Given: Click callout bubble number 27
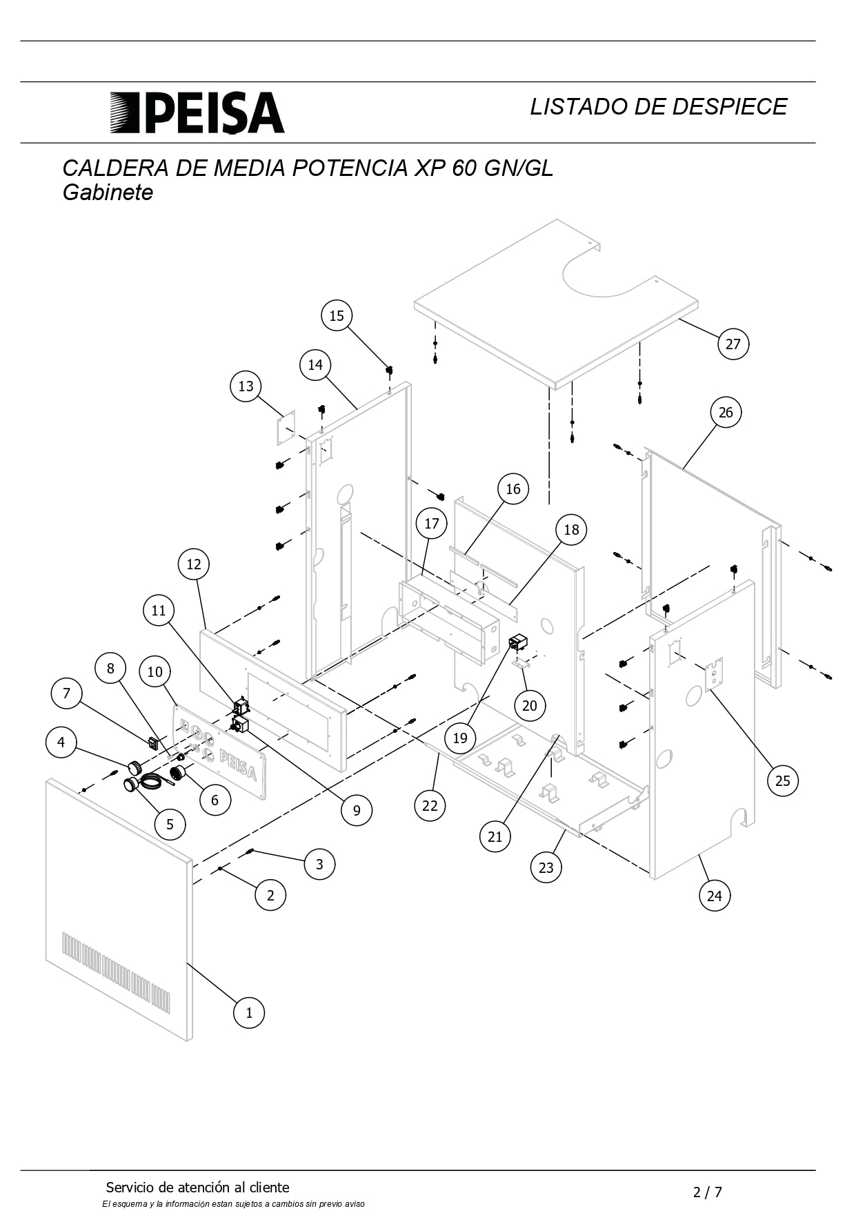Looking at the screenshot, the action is tap(733, 344).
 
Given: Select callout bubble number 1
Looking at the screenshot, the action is tap(249, 1012).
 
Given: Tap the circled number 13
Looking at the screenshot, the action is tap(246, 386).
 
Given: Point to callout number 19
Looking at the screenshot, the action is tap(460, 738).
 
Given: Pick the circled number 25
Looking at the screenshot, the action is tap(782, 780).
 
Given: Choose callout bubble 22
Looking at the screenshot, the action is tap(430, 805).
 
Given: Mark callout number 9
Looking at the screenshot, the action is tap(357, 809).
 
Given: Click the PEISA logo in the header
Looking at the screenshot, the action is tap(197, 112).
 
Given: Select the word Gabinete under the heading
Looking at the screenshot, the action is tap(108, 192).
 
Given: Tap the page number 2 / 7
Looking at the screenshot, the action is tap(708, 1192).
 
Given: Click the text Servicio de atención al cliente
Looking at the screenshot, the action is tap(197, 1188).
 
